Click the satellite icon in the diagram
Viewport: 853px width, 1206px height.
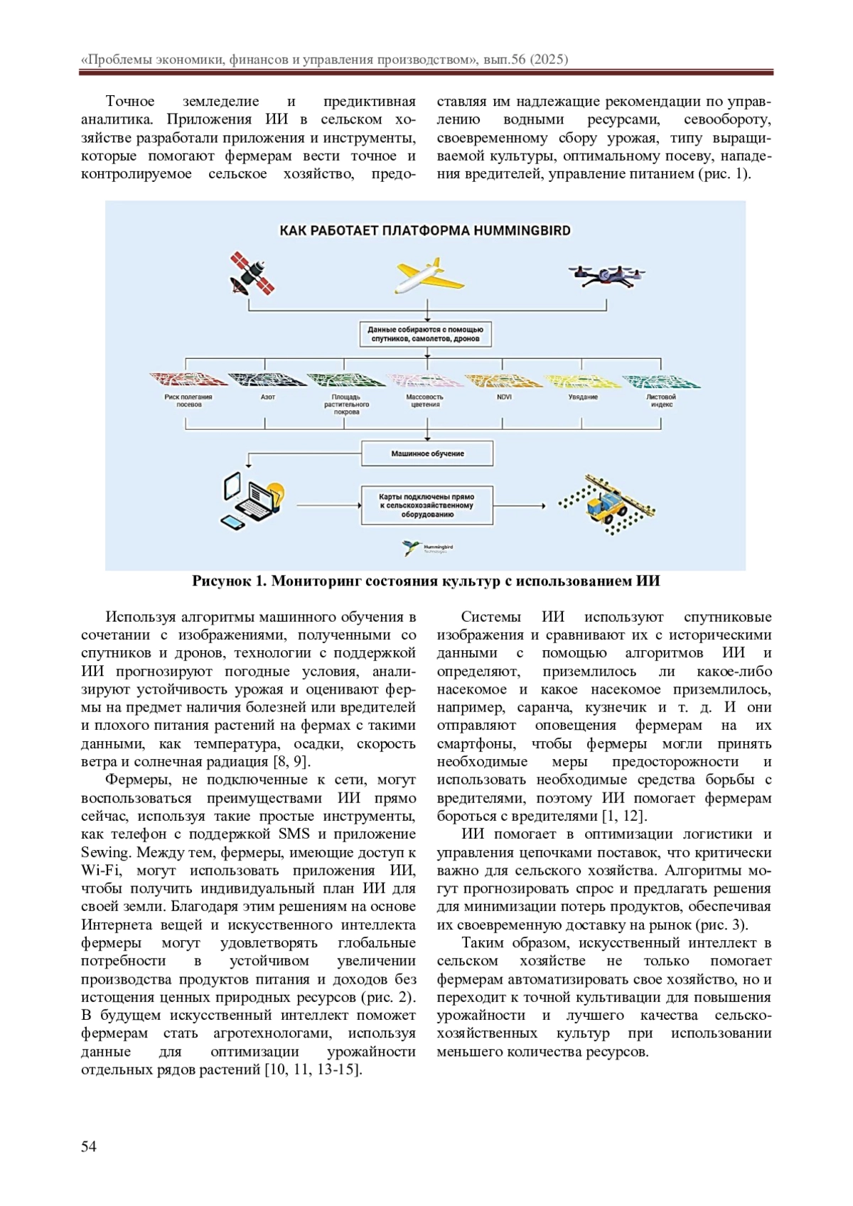252,274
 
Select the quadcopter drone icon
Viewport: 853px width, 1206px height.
606,276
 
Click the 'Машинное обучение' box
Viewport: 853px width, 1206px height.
427,453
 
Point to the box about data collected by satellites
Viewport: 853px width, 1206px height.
425,334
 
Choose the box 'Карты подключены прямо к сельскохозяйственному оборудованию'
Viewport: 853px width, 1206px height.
426,505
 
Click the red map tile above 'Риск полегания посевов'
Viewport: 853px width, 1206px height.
188,379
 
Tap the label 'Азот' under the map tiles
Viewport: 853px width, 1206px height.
267,397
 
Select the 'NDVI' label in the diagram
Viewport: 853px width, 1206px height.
504,397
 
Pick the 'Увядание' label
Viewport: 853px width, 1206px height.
583,397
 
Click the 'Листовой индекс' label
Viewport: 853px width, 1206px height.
661,401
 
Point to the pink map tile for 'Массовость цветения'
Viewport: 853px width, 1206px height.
424,379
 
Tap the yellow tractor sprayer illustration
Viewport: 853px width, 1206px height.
606,503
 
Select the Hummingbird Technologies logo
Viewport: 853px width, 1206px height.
427,548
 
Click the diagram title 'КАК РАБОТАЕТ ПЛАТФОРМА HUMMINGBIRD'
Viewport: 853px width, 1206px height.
425,230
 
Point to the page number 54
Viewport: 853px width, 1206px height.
89,1146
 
